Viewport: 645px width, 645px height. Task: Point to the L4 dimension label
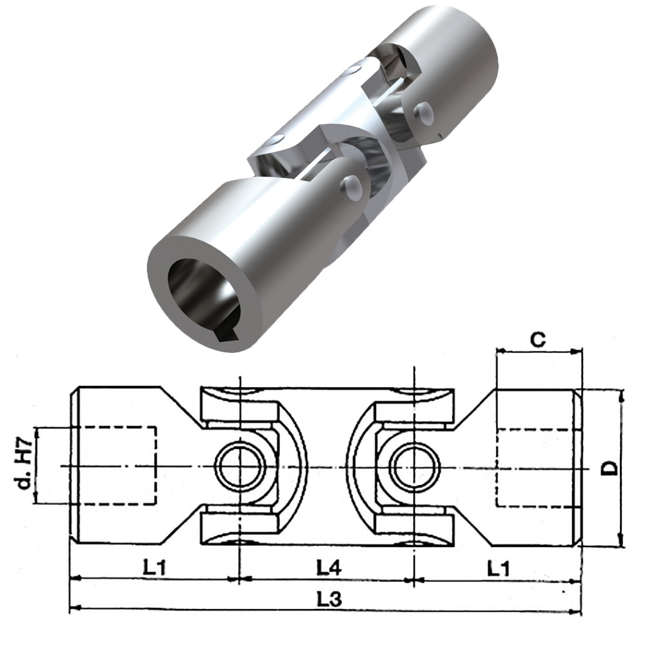click(x=329, y=568)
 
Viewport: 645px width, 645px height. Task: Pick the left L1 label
click(x=154, y=568)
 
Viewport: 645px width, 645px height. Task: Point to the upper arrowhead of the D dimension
click(x=622, y=393)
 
